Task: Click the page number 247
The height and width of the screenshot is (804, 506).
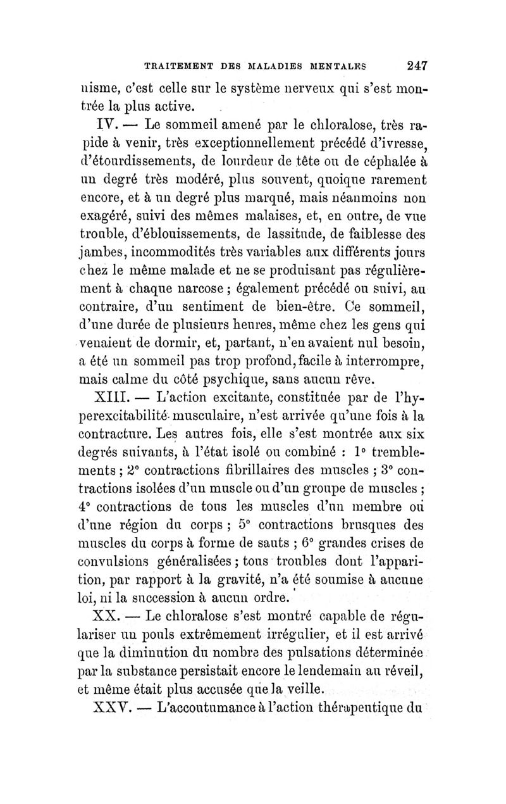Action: [x=409, y=65]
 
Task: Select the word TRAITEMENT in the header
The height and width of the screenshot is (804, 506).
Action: [x=175, y=65]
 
